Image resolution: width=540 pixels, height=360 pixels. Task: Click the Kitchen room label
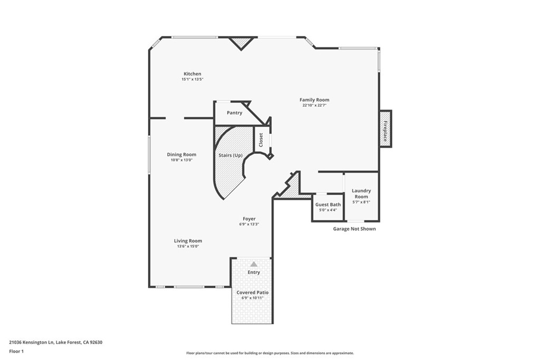coord(192,74)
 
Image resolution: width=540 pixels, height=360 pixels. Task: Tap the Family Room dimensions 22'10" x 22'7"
coord(314,105)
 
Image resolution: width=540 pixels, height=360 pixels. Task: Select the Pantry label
coord(234,113)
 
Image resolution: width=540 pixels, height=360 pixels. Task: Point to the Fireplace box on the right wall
coord(385,129)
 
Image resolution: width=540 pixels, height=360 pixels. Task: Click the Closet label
coord(261,139)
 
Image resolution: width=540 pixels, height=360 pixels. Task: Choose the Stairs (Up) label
coord(230,155)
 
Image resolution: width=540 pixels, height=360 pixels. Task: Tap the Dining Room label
coord(181,154)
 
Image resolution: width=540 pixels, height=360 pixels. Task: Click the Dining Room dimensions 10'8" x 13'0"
coord(181,160)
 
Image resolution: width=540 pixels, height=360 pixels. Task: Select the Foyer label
coord(249,219)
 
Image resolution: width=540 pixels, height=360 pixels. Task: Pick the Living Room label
coord(188,241)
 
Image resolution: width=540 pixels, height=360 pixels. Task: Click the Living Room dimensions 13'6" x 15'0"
coord(188,246)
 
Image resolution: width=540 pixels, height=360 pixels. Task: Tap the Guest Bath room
coord(328,207)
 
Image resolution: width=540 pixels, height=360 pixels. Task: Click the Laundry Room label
coord(361,193)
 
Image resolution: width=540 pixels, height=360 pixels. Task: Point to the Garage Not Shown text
coord(354,229)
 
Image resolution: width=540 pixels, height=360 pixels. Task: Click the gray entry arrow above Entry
coord(254,264)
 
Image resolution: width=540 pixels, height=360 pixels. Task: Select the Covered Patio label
coord(252,292)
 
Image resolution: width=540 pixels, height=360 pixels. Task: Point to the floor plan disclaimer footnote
coord(269,353)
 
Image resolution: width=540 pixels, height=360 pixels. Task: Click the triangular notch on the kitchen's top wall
coord(241,42)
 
